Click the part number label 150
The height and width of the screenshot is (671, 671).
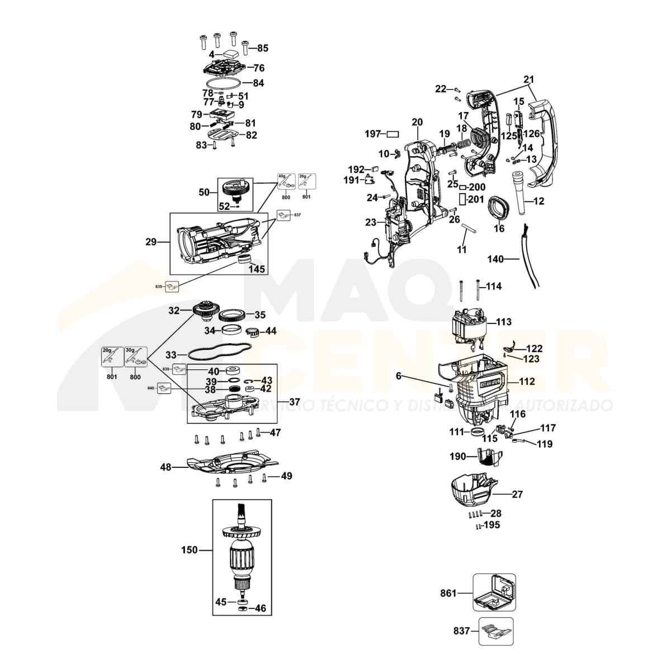point(190,550)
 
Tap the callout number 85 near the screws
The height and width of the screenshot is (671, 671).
point(262,48)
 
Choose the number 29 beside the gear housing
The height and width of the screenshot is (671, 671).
point(151,242)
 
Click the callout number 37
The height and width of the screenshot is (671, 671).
point(294,402)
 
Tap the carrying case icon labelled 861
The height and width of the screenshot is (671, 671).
point(494,593)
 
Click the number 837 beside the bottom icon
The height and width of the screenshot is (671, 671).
point(462,631)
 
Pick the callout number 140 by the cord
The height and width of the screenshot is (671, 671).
point(495,259)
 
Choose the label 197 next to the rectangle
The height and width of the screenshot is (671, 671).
point(373,134)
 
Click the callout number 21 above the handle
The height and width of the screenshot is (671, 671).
point(529,79)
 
